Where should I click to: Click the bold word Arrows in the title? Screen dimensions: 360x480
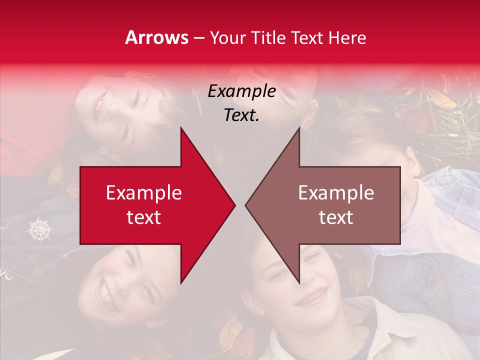(156, 37)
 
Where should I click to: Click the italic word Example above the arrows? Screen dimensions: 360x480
(242, 91)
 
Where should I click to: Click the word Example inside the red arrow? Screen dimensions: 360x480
(144, 193)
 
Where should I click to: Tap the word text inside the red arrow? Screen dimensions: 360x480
(144, 217)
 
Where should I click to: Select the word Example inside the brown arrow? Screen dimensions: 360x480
(336, 193)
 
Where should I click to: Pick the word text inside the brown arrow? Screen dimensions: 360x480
(336, 217)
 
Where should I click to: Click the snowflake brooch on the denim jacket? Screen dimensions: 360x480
(38, 229)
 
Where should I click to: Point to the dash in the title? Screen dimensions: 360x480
(198, 38)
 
